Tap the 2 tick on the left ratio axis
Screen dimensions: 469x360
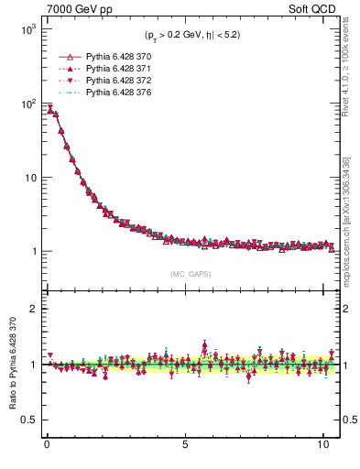point(30,309)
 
